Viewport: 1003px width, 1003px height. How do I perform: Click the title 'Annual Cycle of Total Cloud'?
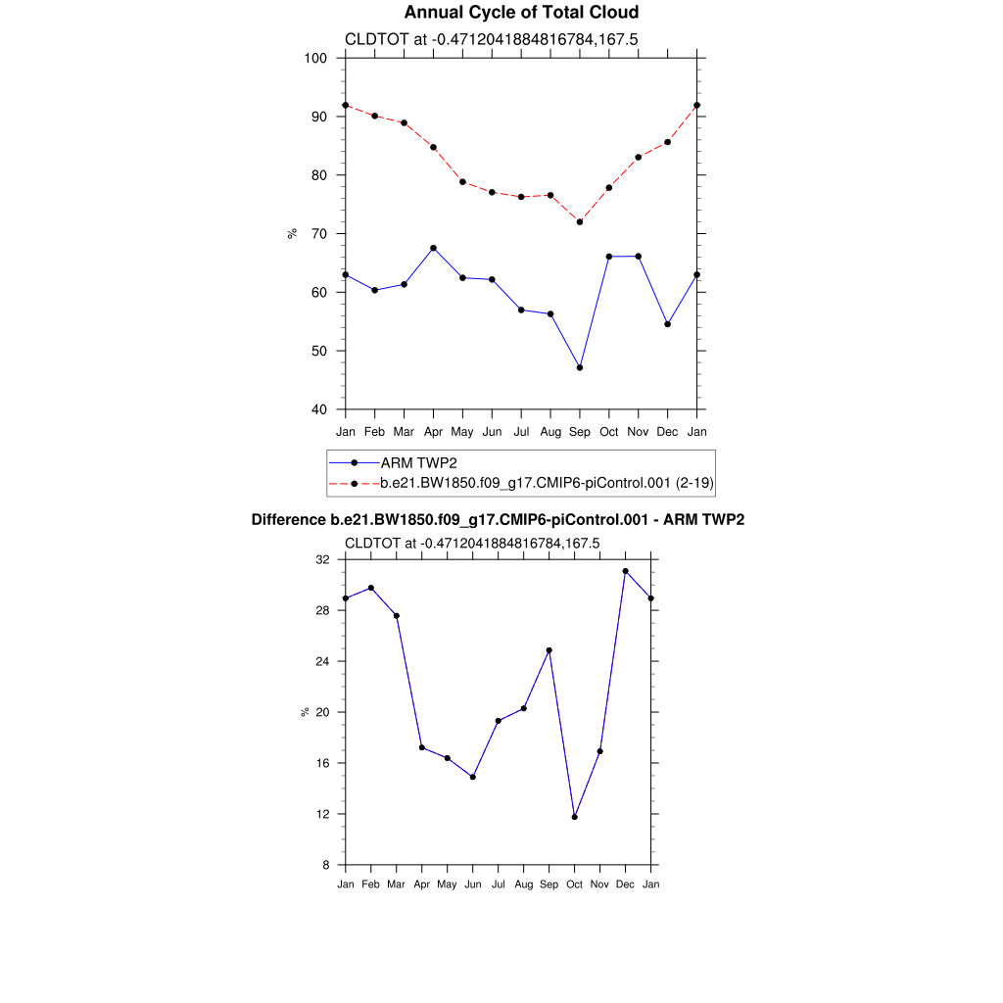pos(521,13)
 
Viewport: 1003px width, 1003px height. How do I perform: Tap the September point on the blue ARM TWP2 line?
pos(580,367)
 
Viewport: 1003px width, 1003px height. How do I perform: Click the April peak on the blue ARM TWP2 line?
pos(433,248)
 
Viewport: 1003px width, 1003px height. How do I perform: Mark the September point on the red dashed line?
pos(580,222)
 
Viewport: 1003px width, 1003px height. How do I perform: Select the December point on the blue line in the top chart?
pos(668,324)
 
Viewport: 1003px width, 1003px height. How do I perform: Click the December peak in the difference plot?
pos(625,571)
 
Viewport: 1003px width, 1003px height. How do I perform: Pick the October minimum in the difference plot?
pos(575,817)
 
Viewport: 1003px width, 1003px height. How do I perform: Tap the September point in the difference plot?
pos(549,650)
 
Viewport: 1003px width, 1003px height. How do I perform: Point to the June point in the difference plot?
pos(473,777)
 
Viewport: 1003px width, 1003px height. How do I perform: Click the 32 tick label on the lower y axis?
pos(322,559)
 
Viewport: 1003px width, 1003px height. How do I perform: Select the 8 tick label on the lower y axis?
pos(326,865)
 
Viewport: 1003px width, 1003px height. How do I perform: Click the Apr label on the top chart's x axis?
pos(433,431)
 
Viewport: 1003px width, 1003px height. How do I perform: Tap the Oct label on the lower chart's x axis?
pos(575,885)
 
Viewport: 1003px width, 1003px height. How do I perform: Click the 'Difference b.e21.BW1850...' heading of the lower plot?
pos(498,520)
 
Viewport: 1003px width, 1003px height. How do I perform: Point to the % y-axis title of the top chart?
pos(292,233)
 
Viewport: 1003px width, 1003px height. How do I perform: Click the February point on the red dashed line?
pos(374,116)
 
